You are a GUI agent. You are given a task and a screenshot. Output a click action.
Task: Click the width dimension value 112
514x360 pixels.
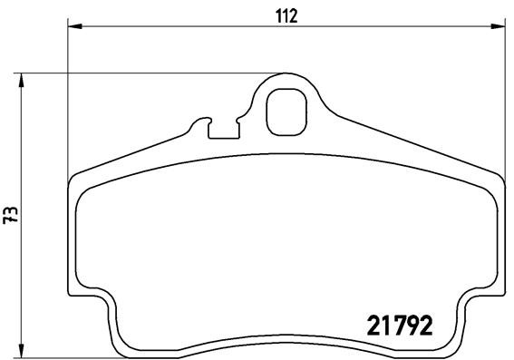[286, 15]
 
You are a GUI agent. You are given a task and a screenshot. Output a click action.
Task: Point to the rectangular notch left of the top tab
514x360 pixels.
[223, 129]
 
